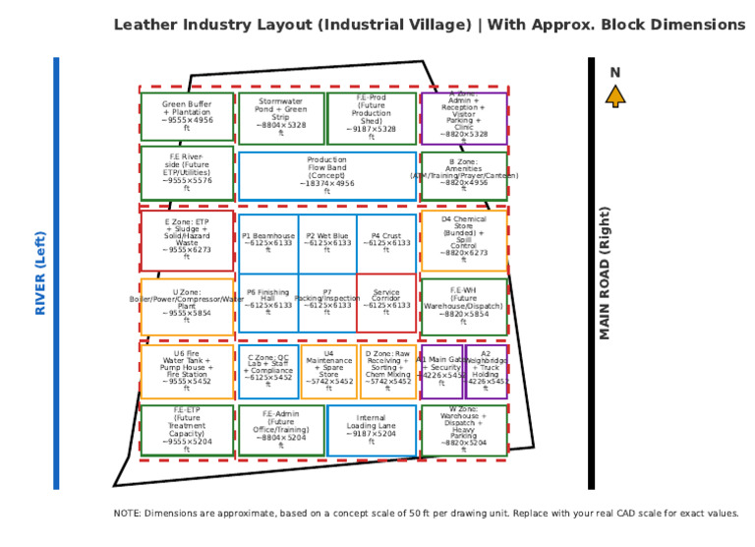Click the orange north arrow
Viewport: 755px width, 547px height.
[615, 95]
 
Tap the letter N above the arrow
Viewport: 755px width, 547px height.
[615, 72]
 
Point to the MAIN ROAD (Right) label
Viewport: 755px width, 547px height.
[605, 273]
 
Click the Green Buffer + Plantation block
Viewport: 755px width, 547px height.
[187, 116]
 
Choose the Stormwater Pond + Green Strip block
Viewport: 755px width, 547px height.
[281, 117]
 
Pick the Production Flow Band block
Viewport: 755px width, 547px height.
[326, 175]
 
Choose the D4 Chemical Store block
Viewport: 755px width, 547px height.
[464, 240]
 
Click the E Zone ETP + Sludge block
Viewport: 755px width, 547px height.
[187, 240]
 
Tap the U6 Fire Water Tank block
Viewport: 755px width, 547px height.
[187, 371]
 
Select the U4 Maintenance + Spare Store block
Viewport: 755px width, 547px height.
[328, 371]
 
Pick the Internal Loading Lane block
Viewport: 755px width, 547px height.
[372, 430]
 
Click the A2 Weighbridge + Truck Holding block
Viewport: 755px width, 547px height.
[487, 371]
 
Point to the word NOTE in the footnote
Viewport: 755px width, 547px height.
[128, 514]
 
